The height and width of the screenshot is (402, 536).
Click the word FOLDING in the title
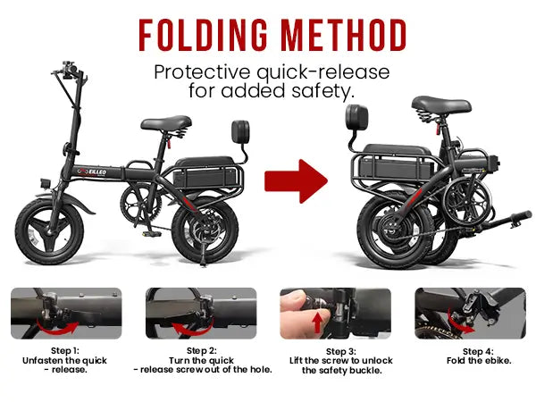tap(203, 35)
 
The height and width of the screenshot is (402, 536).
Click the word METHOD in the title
tap(344, 35)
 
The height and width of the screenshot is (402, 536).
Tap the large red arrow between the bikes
tap(296, 181)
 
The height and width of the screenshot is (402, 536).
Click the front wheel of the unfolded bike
tap(49, 231)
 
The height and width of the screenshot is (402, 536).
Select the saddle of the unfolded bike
tap(166, 123)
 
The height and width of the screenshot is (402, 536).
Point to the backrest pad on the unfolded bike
tap(240, 131)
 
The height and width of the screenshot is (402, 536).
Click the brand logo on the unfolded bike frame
tap(92, 172)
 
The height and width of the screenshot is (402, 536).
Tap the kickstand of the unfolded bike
tap(203, 253)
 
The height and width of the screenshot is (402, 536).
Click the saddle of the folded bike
tap(441, 105)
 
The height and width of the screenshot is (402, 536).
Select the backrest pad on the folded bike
tap(356, 117)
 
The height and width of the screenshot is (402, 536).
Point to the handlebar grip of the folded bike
tap(522, 216)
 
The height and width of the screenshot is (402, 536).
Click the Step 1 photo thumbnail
tap(66, 314)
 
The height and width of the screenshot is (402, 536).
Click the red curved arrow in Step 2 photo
tap(192, 329)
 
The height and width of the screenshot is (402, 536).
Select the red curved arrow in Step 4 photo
tap(460, 323)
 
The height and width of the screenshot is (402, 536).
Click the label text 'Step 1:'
tap(65, 351)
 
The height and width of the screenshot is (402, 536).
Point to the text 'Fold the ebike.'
tap(479, 361)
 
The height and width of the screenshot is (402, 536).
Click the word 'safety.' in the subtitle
tap(322, 91)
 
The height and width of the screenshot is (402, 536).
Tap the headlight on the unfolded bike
tap(46, 183)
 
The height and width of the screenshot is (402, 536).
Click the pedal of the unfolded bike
tap(152, 234)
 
